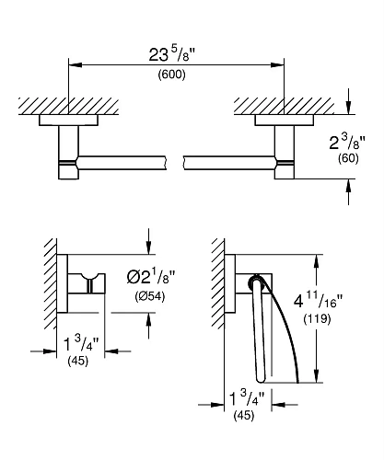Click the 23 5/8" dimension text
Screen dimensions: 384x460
(x=172, y=55)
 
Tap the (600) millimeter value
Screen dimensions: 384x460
(x=171, y=75)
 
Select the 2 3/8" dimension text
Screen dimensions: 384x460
(x=347, y=143)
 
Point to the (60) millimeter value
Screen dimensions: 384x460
(x=348, y=158)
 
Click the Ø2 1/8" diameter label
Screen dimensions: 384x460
(x=151, y=278)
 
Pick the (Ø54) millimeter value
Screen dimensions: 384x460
(x=150, y=296)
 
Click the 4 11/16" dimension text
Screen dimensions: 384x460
(x=318, y=302)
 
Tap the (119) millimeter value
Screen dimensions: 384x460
(x=317, y=319)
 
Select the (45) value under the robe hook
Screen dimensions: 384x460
(x=78, y=361)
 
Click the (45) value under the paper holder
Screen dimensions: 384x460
(x=244, y=416)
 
